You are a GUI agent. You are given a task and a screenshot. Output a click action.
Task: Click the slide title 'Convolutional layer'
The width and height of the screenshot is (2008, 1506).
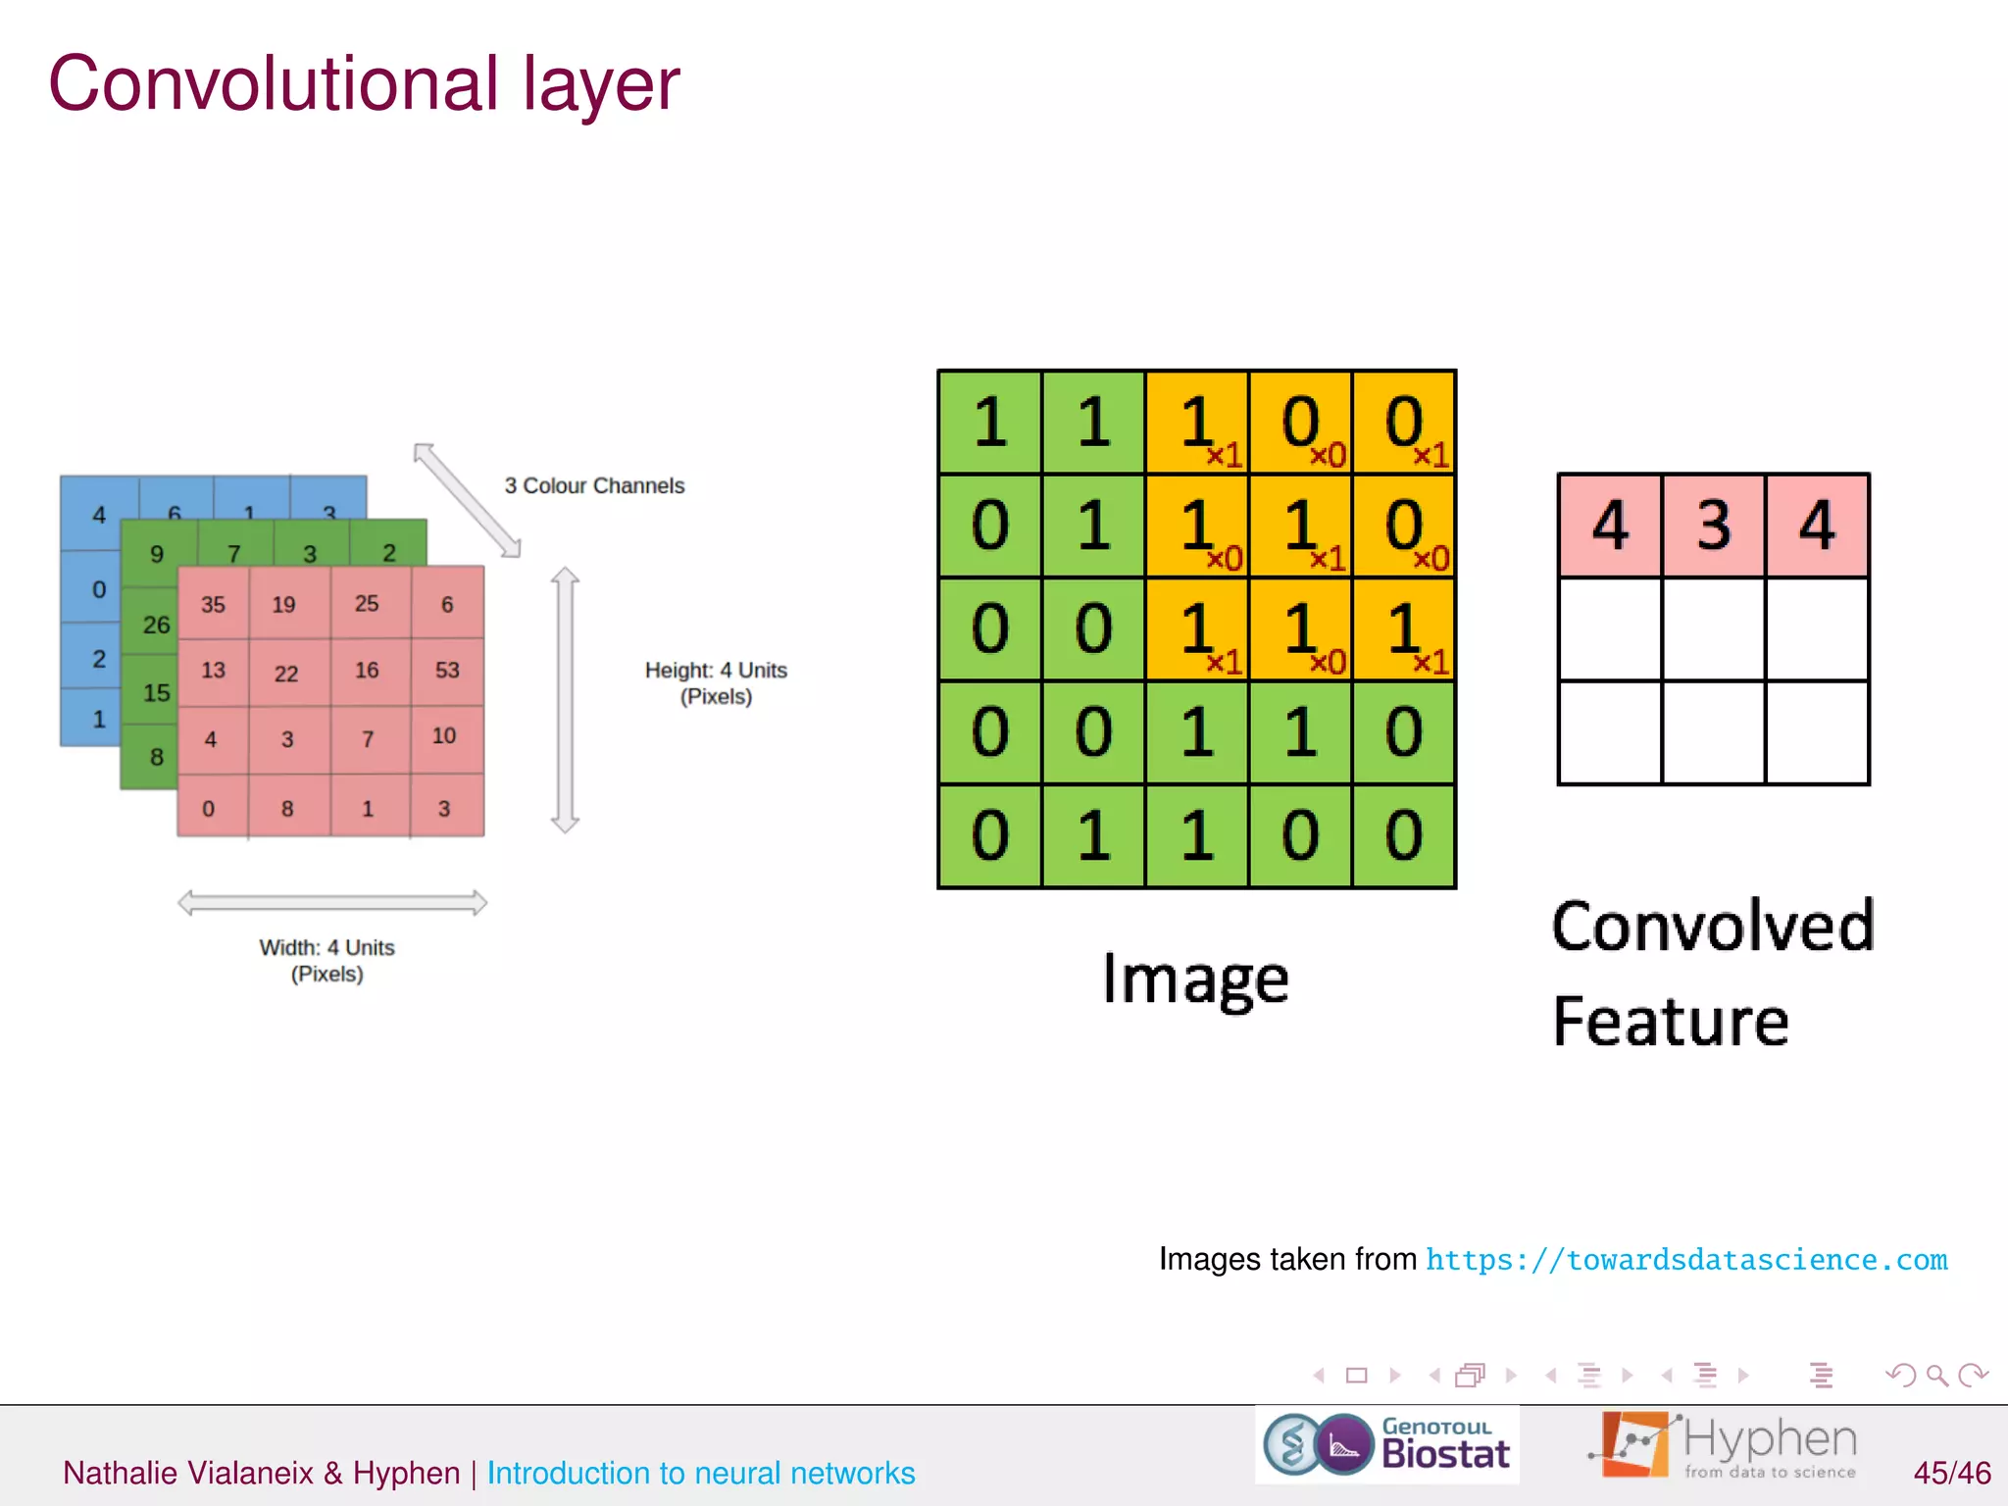[364, 84]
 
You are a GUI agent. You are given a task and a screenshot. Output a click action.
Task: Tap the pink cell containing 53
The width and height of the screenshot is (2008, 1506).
[447, 671]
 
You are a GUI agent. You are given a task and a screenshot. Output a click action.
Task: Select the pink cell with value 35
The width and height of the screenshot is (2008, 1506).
[213, 605]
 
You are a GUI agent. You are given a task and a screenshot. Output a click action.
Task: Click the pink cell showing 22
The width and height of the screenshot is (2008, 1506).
[286, 674]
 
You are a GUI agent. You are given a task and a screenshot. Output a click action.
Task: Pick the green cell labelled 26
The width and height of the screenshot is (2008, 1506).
[156, 625]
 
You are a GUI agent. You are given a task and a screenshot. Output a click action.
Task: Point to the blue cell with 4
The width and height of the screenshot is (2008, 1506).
[99, 515]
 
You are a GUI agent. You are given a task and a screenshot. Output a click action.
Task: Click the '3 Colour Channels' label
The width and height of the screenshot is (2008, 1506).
[594, 485]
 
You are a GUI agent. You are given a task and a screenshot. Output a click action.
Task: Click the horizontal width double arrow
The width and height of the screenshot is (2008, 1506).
[331, 902]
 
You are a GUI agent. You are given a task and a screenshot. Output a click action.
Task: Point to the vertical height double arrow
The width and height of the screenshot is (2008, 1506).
[565, 700]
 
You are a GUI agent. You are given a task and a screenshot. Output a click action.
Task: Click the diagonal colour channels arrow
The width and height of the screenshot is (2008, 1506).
[467, 500]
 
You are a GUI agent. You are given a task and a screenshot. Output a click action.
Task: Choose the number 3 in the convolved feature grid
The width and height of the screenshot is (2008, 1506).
[1713, 526]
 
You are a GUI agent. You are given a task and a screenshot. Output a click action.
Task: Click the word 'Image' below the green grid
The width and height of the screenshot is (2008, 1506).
[1195, 979]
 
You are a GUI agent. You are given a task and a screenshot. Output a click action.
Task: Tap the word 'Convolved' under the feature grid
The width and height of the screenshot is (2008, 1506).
[1713, 926]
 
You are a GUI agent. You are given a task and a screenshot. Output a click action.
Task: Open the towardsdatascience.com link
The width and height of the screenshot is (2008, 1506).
[1686, 1260]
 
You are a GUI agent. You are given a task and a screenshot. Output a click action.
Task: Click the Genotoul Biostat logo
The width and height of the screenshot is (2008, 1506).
[1386, 1444]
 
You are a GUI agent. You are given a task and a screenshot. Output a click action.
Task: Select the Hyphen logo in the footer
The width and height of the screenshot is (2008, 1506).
[1723, 1444]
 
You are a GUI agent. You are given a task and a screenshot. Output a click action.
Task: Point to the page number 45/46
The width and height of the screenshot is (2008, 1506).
[1951, 1473]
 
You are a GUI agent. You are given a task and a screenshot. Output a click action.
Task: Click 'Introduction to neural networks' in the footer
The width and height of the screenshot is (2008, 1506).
[701, 1473]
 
